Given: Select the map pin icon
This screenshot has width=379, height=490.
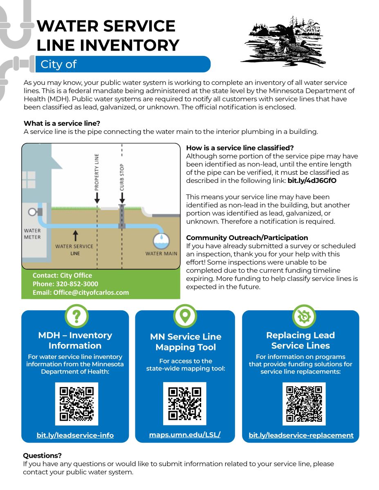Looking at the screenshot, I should [185, 316].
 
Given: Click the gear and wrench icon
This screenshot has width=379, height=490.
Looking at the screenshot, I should [304, 316].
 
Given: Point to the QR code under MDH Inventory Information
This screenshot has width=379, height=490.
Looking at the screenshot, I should [77, 403].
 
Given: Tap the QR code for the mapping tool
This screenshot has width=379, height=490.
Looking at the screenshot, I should [185, 403].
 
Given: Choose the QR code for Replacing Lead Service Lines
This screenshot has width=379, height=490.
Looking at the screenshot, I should [304, 403].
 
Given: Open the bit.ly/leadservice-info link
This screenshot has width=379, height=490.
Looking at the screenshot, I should [75, 435].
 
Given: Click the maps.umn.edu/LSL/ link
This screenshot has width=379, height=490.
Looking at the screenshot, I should [185, 434].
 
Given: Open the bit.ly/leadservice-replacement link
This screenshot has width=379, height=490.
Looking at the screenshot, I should [301, 435].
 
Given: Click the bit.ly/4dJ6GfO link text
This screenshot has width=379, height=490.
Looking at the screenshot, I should [312, 180].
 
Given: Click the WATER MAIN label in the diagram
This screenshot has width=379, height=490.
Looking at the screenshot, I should [161, 254].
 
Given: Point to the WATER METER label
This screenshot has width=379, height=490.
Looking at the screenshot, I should [32, 234].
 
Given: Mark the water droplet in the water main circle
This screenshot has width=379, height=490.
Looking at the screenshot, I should [162, 237].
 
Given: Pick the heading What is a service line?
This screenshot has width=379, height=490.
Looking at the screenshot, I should [62, 123].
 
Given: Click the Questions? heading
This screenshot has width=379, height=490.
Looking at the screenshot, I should [43, 455].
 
